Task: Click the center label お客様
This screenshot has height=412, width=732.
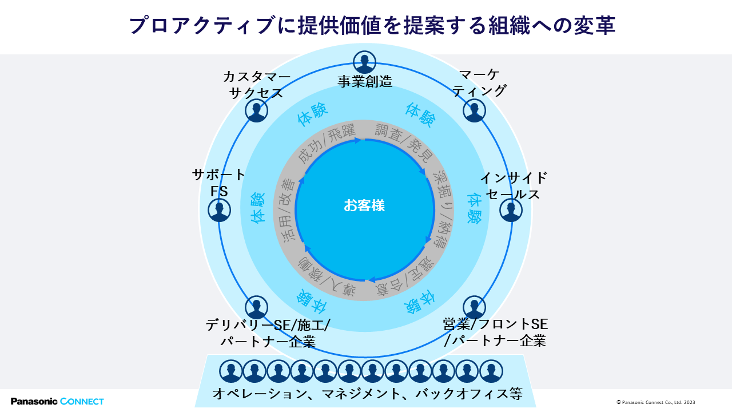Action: click(364, 205)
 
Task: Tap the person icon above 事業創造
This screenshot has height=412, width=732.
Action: click(364, 62)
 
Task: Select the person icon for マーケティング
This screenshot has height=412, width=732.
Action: click(474, 110)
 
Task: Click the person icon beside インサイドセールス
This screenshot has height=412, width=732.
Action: click(511, 210)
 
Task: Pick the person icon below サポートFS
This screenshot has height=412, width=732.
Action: click(219, 210)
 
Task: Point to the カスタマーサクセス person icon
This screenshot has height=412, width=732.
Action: click(256, 110)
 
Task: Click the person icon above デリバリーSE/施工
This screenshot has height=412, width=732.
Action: click(256, 307)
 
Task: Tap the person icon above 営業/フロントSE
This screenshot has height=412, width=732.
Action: click(474, 307)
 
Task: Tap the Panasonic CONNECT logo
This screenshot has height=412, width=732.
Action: click(57, 401)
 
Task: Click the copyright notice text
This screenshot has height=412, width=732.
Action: click(656, 402)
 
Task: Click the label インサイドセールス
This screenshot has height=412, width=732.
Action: click(513, 185)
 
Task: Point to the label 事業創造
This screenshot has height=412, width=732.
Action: click(364, 81)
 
